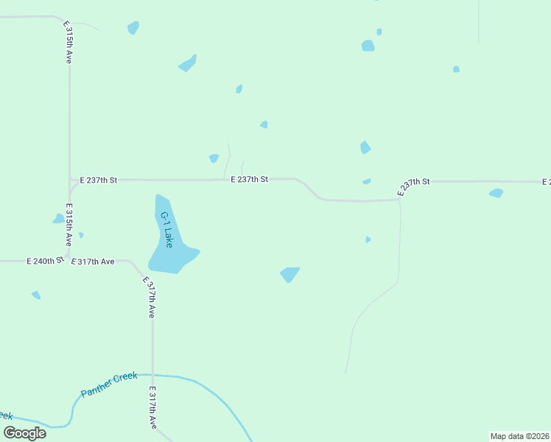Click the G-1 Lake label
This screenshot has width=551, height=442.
(x=167, y=230)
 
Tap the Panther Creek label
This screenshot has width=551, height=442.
(x=109, y=384)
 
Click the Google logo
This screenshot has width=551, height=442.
(x=25, y=432)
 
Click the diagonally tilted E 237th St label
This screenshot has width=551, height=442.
(x=413, y=186)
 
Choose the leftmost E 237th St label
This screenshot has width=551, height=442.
(x=98, y=180)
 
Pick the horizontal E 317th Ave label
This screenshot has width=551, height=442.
(x=93, y=262)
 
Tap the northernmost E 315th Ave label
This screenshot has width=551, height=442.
(x=68, y=42)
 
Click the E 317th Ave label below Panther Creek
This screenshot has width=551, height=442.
(x=153, y=407)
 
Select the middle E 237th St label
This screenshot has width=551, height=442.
(x=249, y=179)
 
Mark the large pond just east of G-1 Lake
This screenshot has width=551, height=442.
(x=289, y=274)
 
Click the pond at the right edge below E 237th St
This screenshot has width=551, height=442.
(x=496, y=193)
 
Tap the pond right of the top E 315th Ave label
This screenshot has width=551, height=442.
(x=133, y=28)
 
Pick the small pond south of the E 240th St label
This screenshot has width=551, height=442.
(x=36, y=295)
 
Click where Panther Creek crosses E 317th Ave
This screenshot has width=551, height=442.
(x=153, y=375)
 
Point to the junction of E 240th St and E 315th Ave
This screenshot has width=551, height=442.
(x=69, y=259)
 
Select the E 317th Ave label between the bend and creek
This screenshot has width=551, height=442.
(x=150, y=298)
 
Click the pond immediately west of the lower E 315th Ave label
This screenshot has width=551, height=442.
(x=58, y=219)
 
